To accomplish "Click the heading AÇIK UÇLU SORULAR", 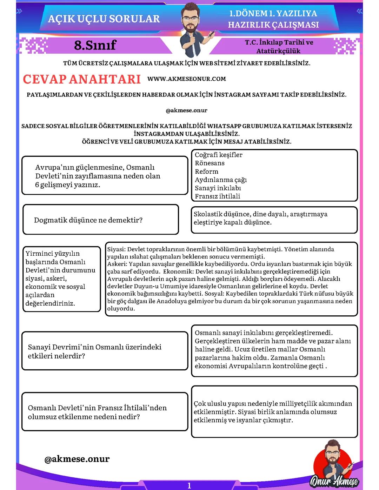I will coord(104,19).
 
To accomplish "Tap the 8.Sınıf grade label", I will coord(95,45).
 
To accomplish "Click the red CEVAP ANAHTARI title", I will coord(82,79).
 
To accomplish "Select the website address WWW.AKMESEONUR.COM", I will coord(186,79).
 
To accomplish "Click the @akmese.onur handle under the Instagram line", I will coord(186,110).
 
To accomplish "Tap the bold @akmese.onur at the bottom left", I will coord(77,459).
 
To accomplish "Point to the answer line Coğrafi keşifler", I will coord(218,155).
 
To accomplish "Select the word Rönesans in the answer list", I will coord(210,163).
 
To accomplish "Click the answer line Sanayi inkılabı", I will coord(218,188).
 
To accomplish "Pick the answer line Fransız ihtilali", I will coord(217,196).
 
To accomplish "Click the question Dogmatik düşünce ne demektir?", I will coord(88,220).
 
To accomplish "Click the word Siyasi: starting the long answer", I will coord(116,249).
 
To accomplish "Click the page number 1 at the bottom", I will coord(189,485).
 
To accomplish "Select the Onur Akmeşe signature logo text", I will coord(334,481).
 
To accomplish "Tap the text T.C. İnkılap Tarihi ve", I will coord(279,42).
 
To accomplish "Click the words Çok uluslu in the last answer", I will coord(209,404).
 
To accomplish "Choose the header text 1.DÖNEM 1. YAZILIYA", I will coord(273,14).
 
